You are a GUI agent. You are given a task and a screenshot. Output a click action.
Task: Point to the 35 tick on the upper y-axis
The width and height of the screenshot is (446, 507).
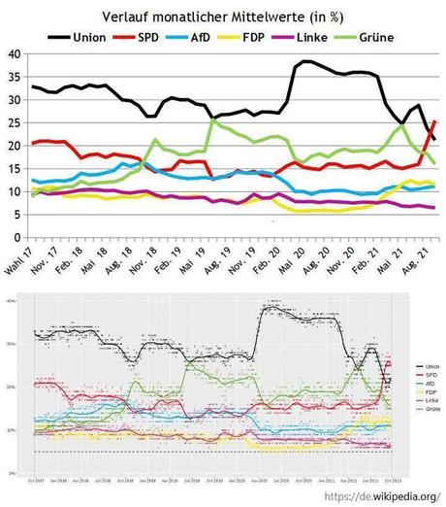pos(13,78)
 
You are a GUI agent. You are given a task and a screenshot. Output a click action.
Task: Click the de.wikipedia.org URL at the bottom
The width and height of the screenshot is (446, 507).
pos(378,494)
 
